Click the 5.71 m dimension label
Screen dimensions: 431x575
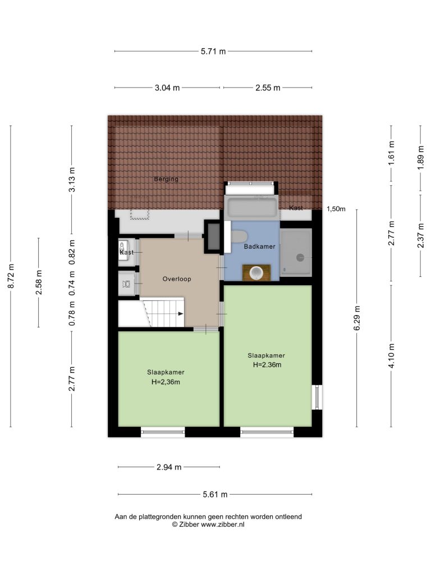coord(213,51)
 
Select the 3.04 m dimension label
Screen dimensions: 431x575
coord(167,88)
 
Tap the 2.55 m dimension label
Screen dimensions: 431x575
coord(268,88)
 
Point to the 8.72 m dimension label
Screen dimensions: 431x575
coord(11,276)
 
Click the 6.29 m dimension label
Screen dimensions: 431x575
coord(357,318)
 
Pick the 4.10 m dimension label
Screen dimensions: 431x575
coord(391,355)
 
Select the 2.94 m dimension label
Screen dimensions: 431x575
coord(169,467)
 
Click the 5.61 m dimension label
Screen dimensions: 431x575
coord(215,495)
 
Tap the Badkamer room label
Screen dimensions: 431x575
coord(259,247)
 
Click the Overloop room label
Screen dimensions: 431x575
coord(177,279)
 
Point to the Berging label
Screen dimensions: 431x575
coord(166,179)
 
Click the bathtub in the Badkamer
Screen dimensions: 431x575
coord(252,208)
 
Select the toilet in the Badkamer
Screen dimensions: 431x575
coord(239,237)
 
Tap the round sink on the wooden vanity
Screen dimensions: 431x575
coord(256,273)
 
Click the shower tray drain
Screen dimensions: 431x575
coord(300,257)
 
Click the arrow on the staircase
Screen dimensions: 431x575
coord(180,313)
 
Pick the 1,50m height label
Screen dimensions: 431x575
coord(336,209)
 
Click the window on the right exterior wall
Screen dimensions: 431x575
coord(318,397)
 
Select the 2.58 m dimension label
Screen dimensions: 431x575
coord(39,282)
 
